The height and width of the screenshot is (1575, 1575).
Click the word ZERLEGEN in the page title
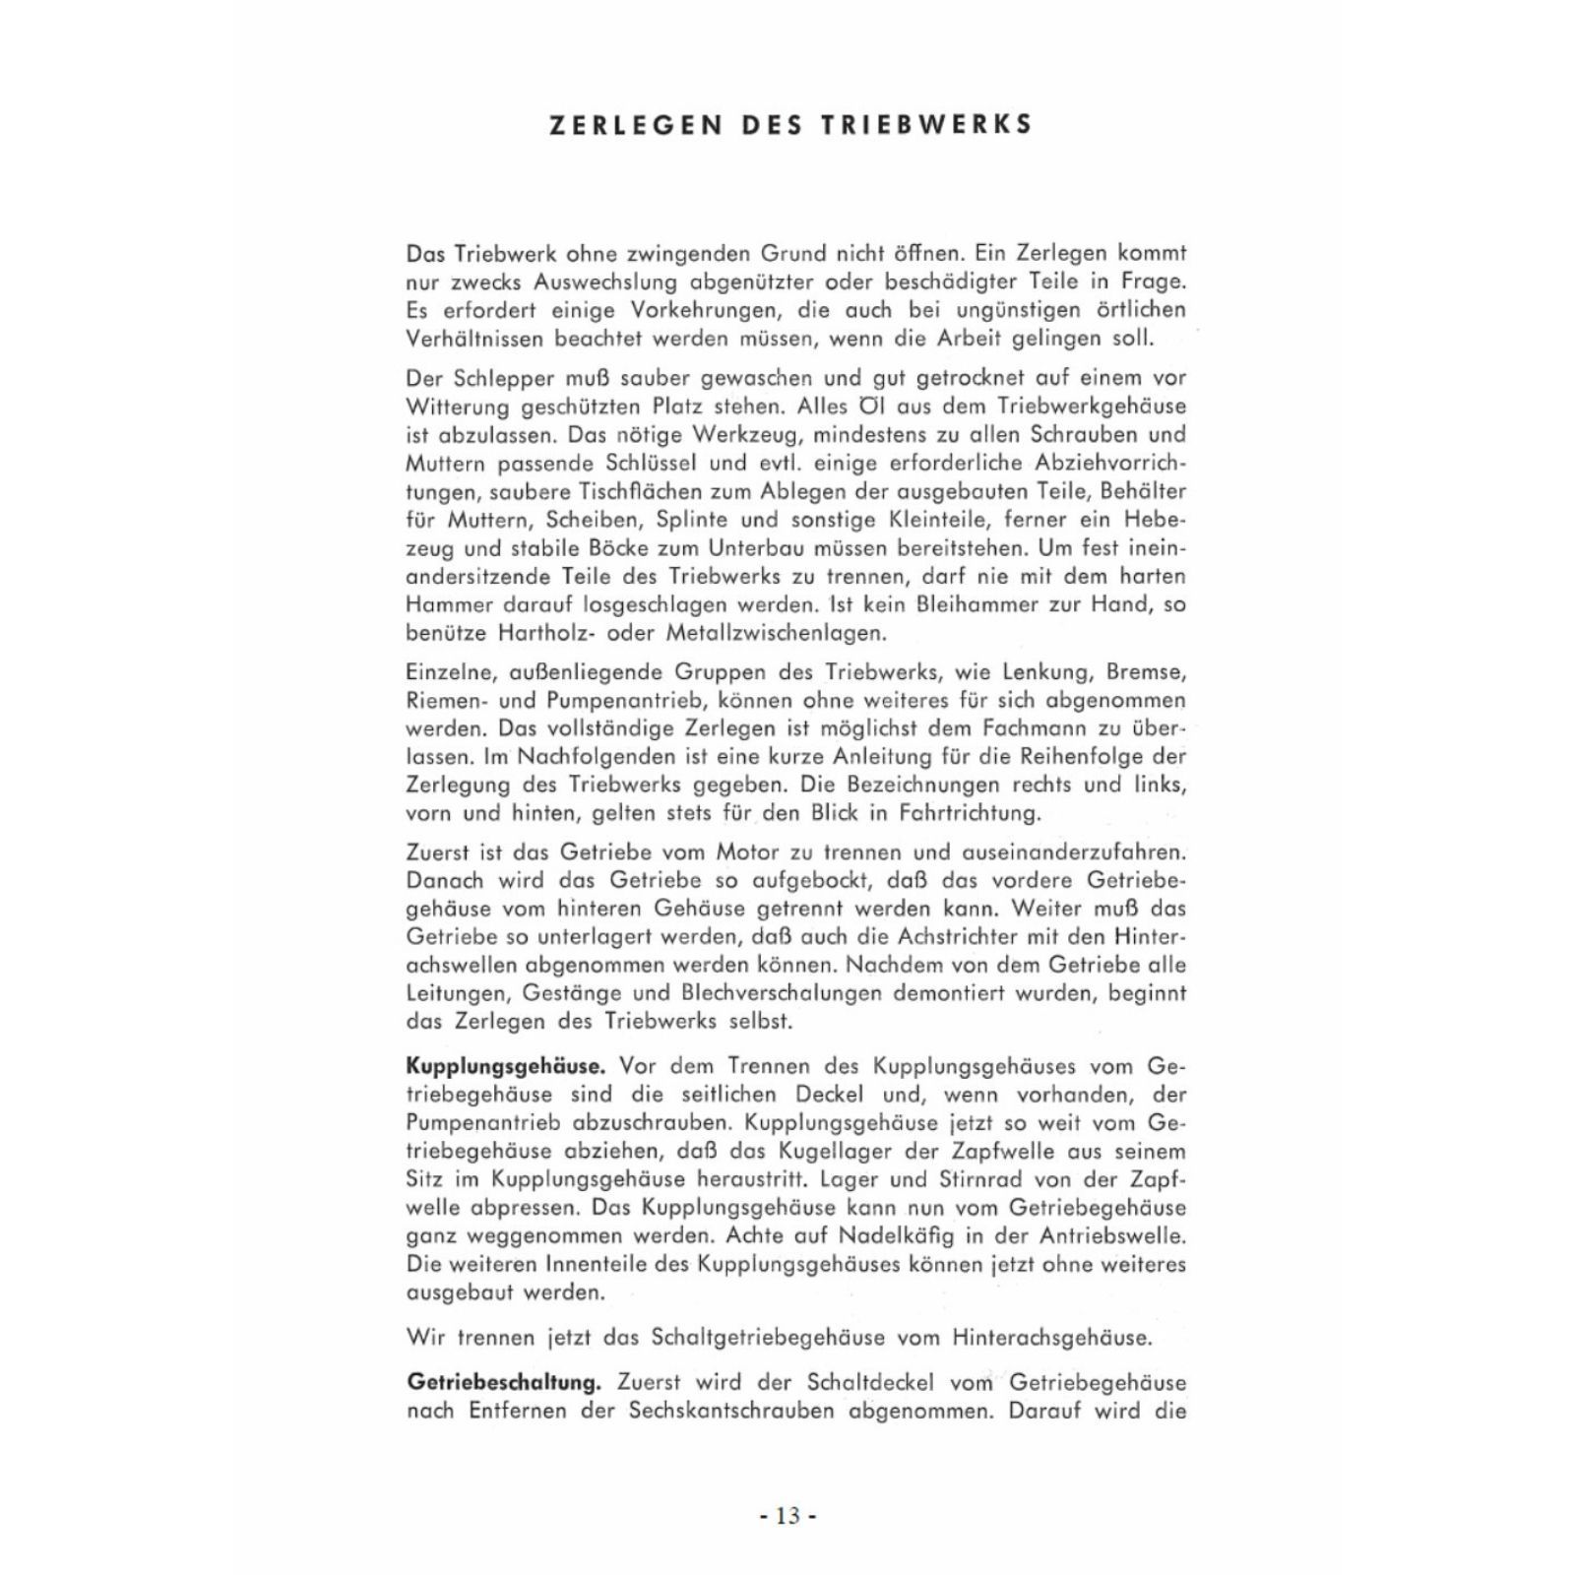624,125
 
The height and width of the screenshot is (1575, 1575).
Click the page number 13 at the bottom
787,1515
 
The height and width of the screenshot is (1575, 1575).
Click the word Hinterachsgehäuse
1051,1338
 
